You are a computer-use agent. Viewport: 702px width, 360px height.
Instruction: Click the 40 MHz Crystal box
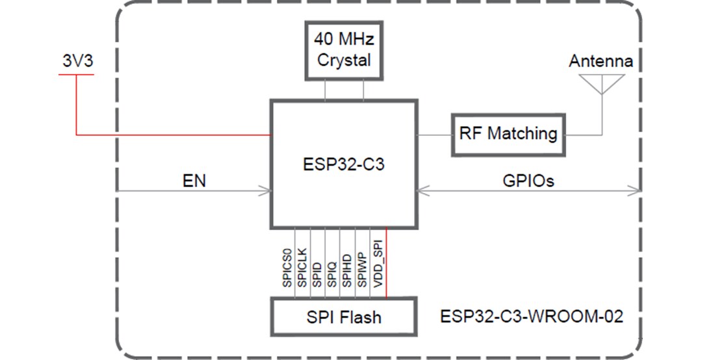coord(344,50)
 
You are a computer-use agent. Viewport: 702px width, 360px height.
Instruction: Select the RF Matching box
coord(508,134)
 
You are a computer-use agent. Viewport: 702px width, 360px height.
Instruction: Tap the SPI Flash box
coord(344,317)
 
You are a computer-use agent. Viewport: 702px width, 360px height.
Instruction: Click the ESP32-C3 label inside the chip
coord(344,164)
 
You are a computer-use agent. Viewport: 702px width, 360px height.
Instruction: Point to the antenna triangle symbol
coord(602,83)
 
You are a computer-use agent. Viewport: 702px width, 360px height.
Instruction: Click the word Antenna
coord(601,62)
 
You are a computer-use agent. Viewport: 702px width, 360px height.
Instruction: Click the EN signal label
coord(193,181)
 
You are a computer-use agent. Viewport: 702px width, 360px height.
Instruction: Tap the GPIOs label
coord(528,181)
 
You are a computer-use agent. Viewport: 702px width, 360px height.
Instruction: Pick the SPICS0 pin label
coord(287,266)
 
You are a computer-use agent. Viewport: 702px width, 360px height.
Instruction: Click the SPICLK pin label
coord(302,266)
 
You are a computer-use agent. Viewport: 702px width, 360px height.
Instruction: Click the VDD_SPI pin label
coord(378,265)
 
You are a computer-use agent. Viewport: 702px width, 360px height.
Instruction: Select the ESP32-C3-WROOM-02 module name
coord(531,317)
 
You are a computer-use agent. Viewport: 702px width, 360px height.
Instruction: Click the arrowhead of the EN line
coord(266,190)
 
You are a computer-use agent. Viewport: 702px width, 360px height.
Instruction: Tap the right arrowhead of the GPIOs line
coord(636,190)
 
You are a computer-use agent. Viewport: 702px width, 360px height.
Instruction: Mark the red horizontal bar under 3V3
coord(75,75)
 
